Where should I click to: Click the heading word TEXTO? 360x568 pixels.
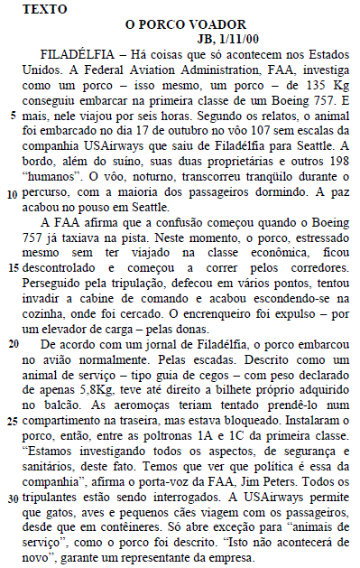click(x=37, y=9)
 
